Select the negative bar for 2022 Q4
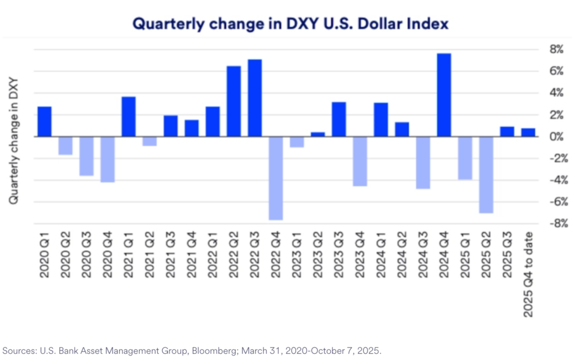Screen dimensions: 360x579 [x=276, y=178]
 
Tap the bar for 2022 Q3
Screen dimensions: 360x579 [x=255, y=98]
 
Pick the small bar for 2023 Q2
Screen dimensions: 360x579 [x=318, y=135]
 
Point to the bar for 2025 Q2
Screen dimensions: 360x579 [x=486, y=175]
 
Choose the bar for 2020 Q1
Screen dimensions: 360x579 [x=45, y=122]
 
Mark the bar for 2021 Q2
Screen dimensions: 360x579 [x=150, y=141]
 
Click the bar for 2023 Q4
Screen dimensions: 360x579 [x=360, y=161]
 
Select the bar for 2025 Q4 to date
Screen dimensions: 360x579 [x=528, y=133]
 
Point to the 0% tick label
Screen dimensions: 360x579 [x=556, y=137]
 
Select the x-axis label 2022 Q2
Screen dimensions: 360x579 [x=234, y=257]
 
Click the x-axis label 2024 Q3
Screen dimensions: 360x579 [x=423, y=257]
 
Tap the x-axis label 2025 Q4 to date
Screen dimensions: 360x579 [x=528, y=274]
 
